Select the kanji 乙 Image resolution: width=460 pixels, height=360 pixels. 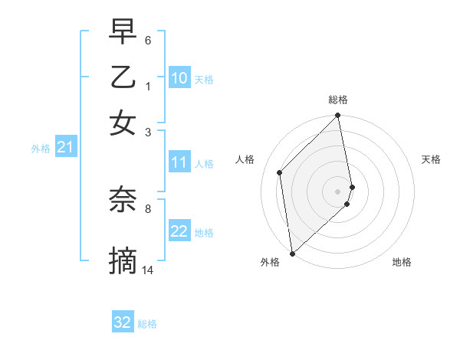pos(123,77)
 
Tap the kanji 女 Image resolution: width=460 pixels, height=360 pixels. pos(123,123)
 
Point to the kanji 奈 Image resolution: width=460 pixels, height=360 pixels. pos(123,199)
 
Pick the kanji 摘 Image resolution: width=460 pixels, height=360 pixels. pos(123,261)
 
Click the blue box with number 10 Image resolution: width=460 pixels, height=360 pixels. pos(179,78)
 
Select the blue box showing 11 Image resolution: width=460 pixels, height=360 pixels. pos(179,162)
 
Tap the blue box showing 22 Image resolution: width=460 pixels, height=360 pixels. pos(179,232)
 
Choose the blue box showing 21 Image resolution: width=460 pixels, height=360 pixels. pos(65,148)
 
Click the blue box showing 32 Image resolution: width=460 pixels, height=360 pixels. pos(123,322)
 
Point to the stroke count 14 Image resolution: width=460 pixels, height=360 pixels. pos(148,270)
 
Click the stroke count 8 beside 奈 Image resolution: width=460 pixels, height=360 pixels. pos(147,208)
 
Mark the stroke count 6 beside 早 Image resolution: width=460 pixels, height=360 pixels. pos(147,39)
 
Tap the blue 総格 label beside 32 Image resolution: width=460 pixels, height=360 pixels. pos(147,324)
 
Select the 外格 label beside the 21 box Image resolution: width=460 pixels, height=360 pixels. pos(41,149)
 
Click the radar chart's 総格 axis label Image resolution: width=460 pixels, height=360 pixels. pos(338,100)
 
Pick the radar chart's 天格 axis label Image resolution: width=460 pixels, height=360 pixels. pos(431,159)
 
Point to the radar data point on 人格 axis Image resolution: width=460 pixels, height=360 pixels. pos(280,172)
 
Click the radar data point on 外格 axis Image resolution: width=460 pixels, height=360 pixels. pos(292,253)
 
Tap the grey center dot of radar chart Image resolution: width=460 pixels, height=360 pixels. pos(338,191)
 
